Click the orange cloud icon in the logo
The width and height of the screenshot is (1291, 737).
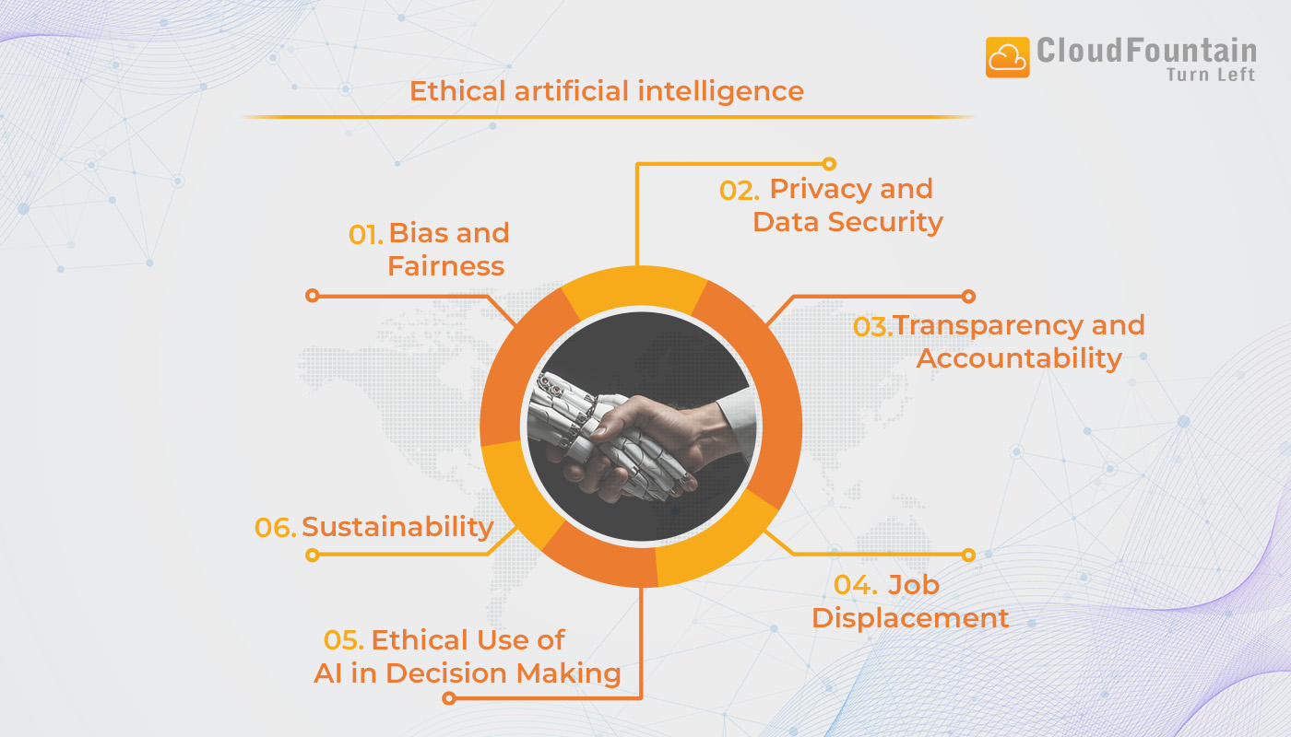tap(1007, 57)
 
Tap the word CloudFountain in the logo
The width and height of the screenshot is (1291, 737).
tap(1146, 50)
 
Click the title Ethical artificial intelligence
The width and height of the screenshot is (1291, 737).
tap(607, 91)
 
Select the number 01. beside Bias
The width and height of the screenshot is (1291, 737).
tap(365, 235)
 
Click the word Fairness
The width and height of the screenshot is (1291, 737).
tap(445, 266)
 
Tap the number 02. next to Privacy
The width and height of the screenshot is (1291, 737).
tap(740, 191)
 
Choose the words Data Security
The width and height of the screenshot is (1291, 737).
tap(847, 222)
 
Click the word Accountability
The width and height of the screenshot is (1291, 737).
tap(1019, 357)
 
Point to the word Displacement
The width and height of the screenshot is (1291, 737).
tap(910, 617)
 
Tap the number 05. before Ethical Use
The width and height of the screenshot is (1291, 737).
tap(344, 640)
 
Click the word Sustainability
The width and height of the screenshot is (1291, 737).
tap(397, 527)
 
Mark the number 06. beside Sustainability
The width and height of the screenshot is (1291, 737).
tap(276, 528)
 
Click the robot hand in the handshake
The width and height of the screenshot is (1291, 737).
tap(590, 415)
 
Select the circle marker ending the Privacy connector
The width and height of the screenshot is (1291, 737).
tap(829, 164)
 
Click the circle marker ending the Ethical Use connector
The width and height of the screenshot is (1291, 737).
tap(449, 698)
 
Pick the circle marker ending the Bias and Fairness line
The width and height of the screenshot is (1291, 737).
tap(312, 296)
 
